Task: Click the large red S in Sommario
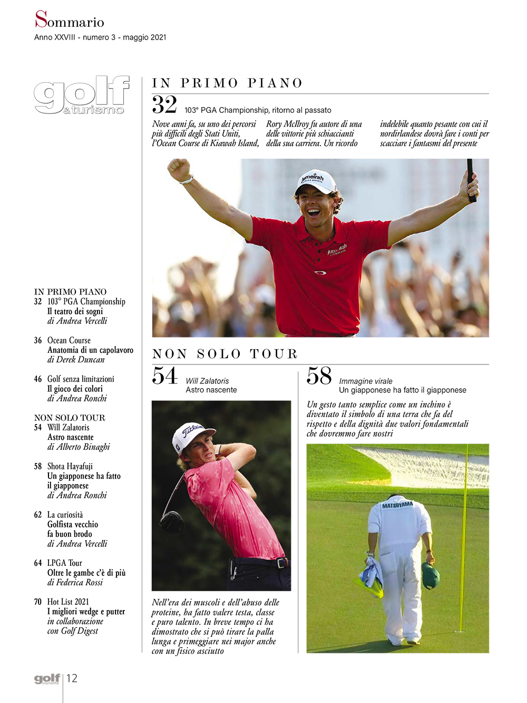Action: pyautogui.click(x=41, y=20)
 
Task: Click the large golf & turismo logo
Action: pyautogui.click(x=82, y=95)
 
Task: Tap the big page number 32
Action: pyautogui.click(x=164, y=104)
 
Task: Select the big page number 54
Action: pyautogui.click(x=164, y=375)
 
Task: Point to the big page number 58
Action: pyautogui.click(x=319, y=376)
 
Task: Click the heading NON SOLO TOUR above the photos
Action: pyautogui.click(x=225, y=354)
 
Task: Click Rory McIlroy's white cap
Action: pyautogui.click(x=316, y=181)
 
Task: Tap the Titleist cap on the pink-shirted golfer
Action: pyautogui.click(x=188, y=436)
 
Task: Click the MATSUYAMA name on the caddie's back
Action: pyautogui.click(x=397, y=505)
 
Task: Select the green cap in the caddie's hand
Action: pyautogui.click(x=431, y=575)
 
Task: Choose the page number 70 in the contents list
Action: pyautogui.click(x=38, y=602)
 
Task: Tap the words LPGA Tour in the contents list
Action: pyautogui.click(x=65, y=563)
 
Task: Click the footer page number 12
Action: pyautogui.click(x=72, y=678)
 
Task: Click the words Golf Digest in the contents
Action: pyautogui.click(x=80, y=631)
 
